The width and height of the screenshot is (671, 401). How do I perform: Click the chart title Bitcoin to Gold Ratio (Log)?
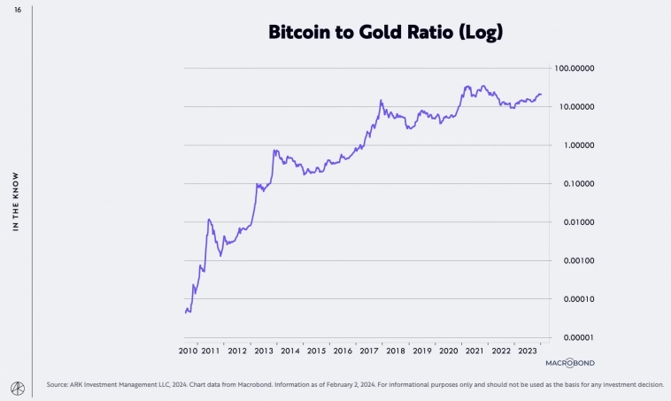pyautogui.click(x=385, y=34)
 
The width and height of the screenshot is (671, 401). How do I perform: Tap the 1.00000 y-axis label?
pyautogui.click(x=574, y=145)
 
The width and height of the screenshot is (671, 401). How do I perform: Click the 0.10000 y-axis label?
pyautogui.click(x=574, y=184)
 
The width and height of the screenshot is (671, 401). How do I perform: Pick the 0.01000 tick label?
pyautogui.click(x=574, y=222)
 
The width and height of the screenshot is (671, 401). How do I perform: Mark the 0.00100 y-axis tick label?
pyautogui.click(x=574, y=261)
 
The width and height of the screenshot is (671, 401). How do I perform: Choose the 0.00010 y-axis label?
pyautogui.click(x=574, y=299)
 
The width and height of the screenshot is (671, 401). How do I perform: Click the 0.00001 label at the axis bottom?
pyautogui.click(x=574, y=337)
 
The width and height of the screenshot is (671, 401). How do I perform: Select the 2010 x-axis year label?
pyautogui.click(x=187, y=351)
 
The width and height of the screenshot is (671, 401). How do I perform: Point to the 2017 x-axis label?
pyautogui.click(x=369, y=351)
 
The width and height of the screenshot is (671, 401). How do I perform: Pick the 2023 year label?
pyautogui.click(x=526, y=351)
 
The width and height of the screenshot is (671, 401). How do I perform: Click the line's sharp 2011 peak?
pyautogui.click(x=209, y=220)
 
